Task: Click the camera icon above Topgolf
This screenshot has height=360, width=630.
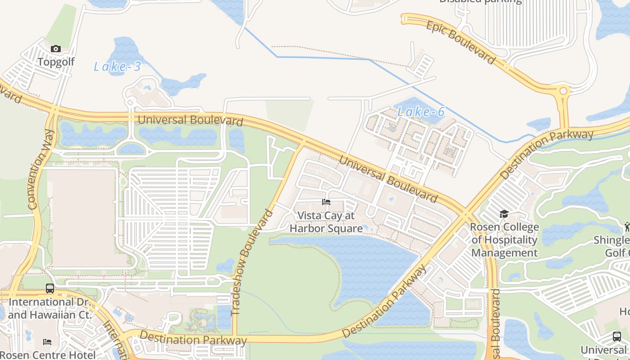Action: [56, 49]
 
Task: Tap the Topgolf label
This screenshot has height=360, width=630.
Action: [56, 62]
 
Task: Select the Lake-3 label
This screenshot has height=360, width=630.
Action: [117, 67]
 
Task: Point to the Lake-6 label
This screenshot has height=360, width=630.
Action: [421, 112]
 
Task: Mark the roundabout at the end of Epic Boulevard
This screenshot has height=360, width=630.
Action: [562, 91]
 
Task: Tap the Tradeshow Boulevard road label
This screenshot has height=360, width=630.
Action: [252, 262]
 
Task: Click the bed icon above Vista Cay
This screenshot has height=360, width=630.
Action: [326, 202]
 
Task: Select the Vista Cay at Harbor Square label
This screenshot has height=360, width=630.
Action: [326, 222]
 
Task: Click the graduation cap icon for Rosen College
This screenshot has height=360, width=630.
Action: [504, 214]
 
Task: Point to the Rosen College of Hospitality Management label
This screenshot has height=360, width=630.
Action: [504, 240]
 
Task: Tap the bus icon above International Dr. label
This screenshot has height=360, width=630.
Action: [50, 288]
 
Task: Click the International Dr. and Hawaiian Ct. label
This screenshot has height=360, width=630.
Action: [49, 308]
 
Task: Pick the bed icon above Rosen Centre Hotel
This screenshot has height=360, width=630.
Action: [47, 342]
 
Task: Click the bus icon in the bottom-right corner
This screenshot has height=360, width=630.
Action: [616, 336]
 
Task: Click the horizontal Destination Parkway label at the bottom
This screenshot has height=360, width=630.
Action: [193, 338]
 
